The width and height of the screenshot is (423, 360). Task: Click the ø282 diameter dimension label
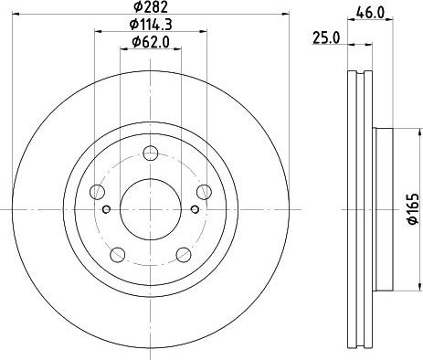click(151, 6)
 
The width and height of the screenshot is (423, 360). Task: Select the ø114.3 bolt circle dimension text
click(151, 25)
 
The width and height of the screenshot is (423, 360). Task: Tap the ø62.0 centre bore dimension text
click(151, 42)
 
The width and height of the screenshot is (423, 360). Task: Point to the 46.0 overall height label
click(370, 13)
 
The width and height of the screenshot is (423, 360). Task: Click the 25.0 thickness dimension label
click(326, 38)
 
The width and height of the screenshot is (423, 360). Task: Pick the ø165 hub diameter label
click(413, 209)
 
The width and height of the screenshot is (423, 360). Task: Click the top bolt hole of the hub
click(151, 153)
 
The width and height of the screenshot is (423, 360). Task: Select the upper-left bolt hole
click(98, 192)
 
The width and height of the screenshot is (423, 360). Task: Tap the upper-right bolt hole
click(204, 192)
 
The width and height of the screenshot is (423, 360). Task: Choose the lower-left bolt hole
click(118, 254)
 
